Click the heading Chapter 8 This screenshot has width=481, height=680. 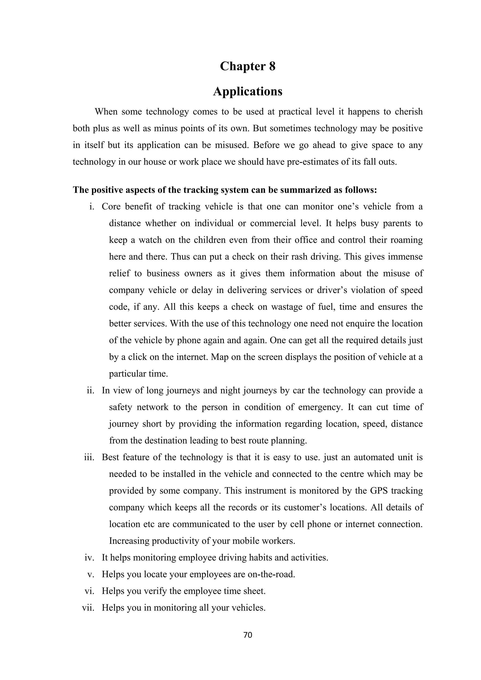tap(248, 66)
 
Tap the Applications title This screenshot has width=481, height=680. tap(248, 92)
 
